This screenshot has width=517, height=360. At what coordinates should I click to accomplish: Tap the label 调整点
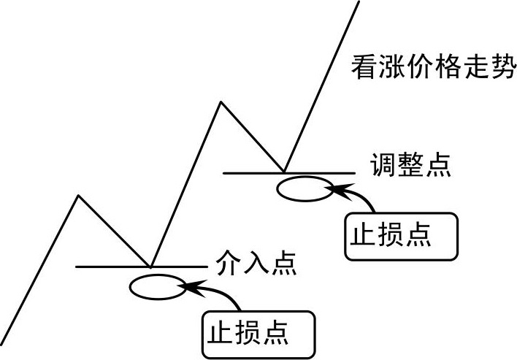click(410, 166)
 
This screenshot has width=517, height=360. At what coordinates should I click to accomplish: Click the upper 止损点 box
click(401, 236)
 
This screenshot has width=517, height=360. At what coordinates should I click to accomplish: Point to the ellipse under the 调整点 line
click(305, 188)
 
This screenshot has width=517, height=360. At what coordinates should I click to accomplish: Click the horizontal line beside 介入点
click(110, 267)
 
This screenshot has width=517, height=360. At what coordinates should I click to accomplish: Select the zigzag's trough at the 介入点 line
click(150, 266)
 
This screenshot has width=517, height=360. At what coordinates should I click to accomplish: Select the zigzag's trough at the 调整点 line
click(284, 172)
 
